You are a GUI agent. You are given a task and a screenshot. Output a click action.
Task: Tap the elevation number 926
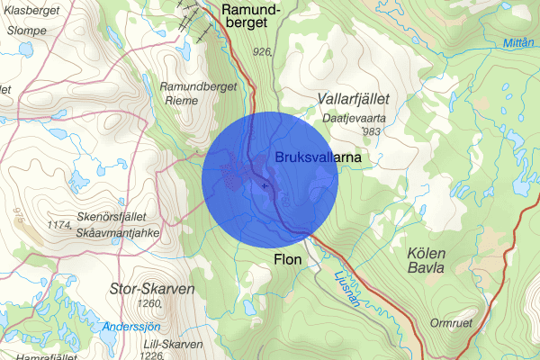(x=263, y=52)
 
